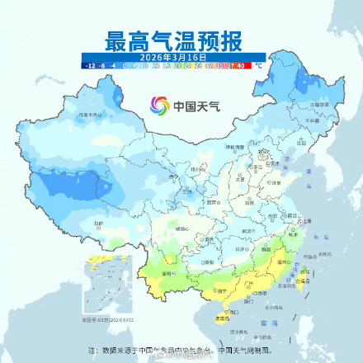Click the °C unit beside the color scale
pyautogui.click(x=282, y=63)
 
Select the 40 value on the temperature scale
pyautogui.click(x=263, y=63)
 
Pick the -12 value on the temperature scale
pyautogui.click(x=87, y=63)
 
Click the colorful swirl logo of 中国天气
pyautogui.click(x=158, y=106)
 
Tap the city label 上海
pyautogui.click(x=307, y=221)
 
